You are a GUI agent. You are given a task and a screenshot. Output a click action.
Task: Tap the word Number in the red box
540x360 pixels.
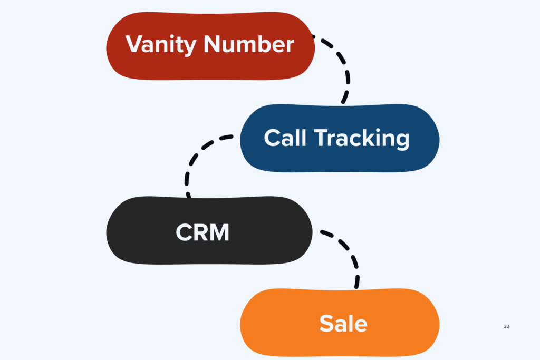249,44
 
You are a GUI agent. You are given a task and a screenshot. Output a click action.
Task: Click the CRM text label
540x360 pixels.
202,232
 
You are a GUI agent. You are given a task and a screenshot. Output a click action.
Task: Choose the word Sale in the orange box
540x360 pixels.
343,323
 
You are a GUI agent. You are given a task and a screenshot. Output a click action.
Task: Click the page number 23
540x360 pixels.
506,326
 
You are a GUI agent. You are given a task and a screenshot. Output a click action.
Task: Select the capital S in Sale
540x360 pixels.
326,323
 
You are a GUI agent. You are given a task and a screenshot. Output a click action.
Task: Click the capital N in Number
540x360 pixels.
212,44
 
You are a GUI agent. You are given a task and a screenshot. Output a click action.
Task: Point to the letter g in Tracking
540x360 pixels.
401,141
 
